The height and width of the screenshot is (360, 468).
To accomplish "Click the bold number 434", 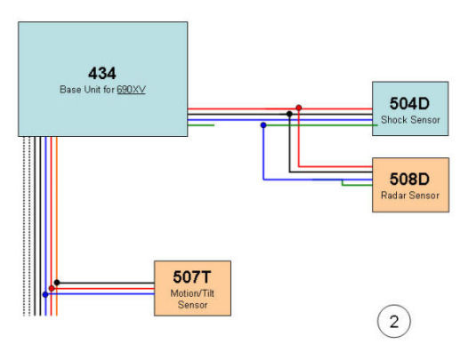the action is coord(102,74).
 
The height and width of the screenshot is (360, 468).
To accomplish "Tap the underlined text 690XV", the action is coord(131,89).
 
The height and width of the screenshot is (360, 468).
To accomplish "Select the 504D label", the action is coord(409,103).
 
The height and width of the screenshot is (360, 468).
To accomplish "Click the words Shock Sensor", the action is coord(410,120).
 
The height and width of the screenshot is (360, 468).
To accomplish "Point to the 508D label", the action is coord(409,179).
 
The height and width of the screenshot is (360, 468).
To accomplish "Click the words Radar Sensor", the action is coord(410,196).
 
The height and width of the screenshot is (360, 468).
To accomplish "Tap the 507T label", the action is coord(192,276).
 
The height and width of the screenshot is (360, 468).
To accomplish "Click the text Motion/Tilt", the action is coord(192,293).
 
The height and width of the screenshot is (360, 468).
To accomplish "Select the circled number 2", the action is coord(394,321).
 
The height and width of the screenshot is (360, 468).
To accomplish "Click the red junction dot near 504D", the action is coord(298,108).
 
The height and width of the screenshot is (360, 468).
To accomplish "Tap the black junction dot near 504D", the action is coord(289,114).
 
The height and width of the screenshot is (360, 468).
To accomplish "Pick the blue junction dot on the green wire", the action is coord(263,125).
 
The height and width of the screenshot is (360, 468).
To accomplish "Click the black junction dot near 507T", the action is coord(57,283).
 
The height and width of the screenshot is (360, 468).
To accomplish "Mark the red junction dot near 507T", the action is coord(52,288).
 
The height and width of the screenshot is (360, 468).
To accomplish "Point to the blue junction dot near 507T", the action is coord(45,295).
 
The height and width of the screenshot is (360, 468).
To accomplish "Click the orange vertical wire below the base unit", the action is coord(57,226).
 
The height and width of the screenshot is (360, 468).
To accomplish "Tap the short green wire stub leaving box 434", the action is coord(201,125).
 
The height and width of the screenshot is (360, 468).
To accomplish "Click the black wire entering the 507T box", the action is coord(106,283).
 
